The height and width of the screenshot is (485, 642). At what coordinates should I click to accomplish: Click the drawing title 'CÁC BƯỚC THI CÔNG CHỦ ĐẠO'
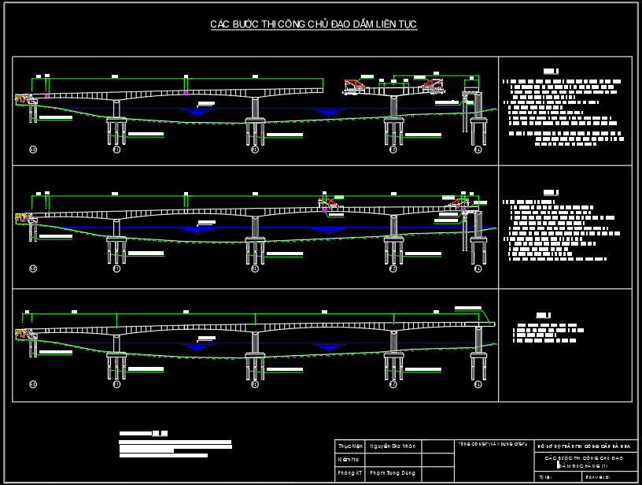coord(313,25)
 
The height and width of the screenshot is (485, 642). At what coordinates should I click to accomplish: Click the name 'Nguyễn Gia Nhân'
coord(393,446)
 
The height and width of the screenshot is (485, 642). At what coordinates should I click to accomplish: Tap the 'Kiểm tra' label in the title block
coord(349,460)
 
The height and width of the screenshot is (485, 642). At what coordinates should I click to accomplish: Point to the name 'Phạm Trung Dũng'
coord(393,473)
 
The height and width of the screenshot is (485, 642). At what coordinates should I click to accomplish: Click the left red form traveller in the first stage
coord(356,86)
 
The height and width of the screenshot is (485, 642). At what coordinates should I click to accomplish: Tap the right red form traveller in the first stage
coord(431,84)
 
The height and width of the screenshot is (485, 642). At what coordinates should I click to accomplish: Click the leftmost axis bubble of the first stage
coord(33,149)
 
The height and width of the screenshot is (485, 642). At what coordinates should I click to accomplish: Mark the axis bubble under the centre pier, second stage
coord(255,268)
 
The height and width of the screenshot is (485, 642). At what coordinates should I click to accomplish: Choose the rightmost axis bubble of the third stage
coord(478,384)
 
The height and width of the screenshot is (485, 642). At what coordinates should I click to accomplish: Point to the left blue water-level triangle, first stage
coord(197,112)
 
